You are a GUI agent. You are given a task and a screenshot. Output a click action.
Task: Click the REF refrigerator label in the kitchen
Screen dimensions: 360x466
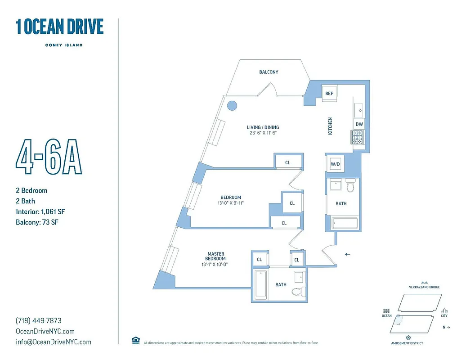329,94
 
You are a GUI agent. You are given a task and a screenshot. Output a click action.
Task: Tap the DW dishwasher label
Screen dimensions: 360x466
359,124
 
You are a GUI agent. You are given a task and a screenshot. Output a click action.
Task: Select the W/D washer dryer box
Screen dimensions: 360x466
336,164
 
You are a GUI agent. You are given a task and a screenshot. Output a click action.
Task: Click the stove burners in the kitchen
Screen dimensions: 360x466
358,137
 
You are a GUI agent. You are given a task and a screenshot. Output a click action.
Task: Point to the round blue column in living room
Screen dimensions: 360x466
232,106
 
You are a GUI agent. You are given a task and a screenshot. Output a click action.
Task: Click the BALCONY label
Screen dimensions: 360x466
269,72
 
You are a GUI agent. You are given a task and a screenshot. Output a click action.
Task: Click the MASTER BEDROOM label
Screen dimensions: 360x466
215,256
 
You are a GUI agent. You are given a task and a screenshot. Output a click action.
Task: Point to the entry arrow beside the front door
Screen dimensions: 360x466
347,254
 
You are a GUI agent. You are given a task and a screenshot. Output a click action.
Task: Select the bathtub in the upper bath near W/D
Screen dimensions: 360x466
345,223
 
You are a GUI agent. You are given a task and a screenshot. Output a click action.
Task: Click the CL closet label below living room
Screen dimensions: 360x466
288,162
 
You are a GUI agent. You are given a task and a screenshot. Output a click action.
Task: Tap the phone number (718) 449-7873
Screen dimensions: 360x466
39,321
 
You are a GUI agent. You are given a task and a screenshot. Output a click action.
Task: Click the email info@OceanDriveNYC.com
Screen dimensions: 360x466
53,342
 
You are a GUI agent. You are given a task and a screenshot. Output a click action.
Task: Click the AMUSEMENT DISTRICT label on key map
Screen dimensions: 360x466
407,343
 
